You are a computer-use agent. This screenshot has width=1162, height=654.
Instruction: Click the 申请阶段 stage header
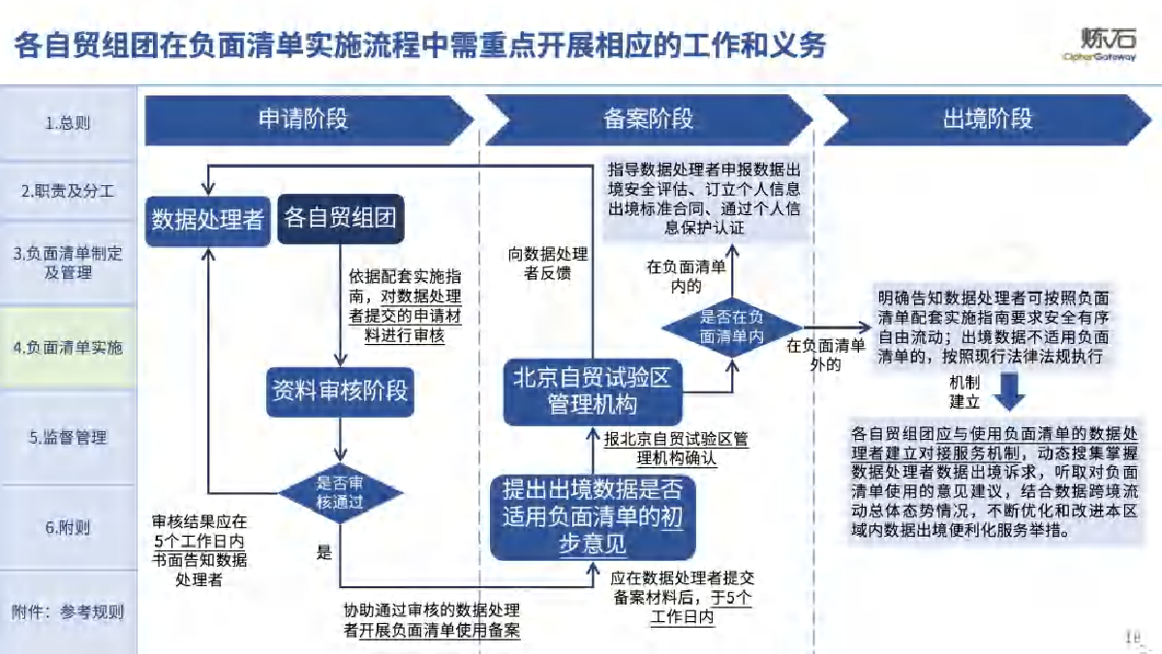[x=303, y=119]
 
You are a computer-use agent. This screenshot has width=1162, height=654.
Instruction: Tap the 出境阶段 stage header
[x=987, y=119]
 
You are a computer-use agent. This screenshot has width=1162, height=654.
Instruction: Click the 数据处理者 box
[x=208, y=219]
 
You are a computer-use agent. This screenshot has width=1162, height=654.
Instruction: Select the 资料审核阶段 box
[x=339, y=392]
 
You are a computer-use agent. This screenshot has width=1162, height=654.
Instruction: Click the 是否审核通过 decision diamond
[x=340, y=492]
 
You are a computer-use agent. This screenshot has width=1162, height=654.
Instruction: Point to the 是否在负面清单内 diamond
[x=731, y=327]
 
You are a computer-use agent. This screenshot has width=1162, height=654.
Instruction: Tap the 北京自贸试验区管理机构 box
[x=592, y=391]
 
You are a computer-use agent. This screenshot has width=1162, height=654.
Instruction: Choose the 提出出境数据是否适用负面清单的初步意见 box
[x=592, y=517]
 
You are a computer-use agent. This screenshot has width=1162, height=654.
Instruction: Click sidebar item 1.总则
[x=68, y=123]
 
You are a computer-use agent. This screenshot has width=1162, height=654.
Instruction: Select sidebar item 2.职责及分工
[x=68, y=191]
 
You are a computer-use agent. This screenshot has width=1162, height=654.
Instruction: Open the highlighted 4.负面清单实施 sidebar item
[x=68, y=348]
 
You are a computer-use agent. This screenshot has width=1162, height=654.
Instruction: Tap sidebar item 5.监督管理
[x=68, y=437]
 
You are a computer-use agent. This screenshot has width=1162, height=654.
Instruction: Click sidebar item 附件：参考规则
[x=68, y=611]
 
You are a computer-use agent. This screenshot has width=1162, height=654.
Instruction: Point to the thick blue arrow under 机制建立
[x=1011, y=392]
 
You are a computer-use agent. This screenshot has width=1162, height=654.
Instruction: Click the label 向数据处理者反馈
[x=548, y=264]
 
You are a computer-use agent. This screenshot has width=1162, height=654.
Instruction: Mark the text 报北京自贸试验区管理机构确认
[x=676, y=448]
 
